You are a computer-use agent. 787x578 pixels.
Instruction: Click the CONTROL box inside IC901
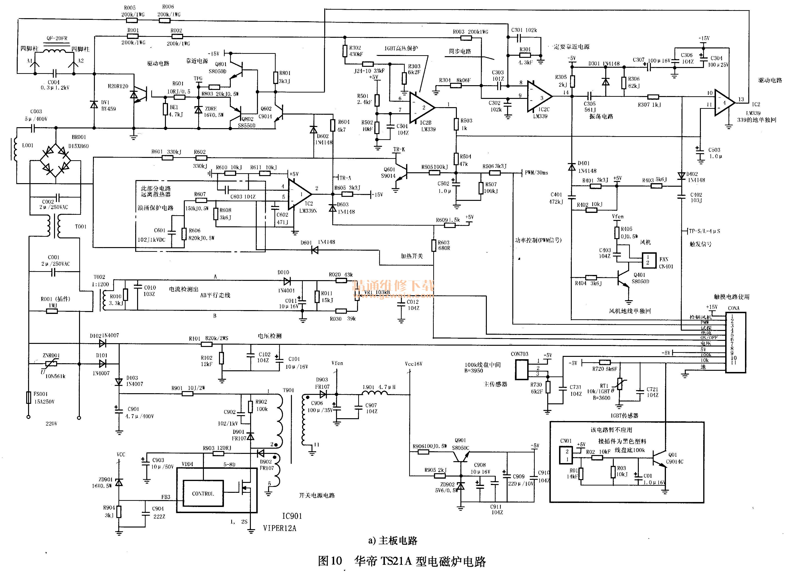pos(203,493)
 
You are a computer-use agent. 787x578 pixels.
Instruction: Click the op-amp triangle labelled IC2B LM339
pos(423,107)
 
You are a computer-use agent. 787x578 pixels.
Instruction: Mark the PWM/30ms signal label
pos(536,173)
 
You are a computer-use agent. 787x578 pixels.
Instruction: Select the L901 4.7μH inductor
pos(374,394)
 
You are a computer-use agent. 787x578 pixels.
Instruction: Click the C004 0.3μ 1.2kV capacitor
pos(54,73)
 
